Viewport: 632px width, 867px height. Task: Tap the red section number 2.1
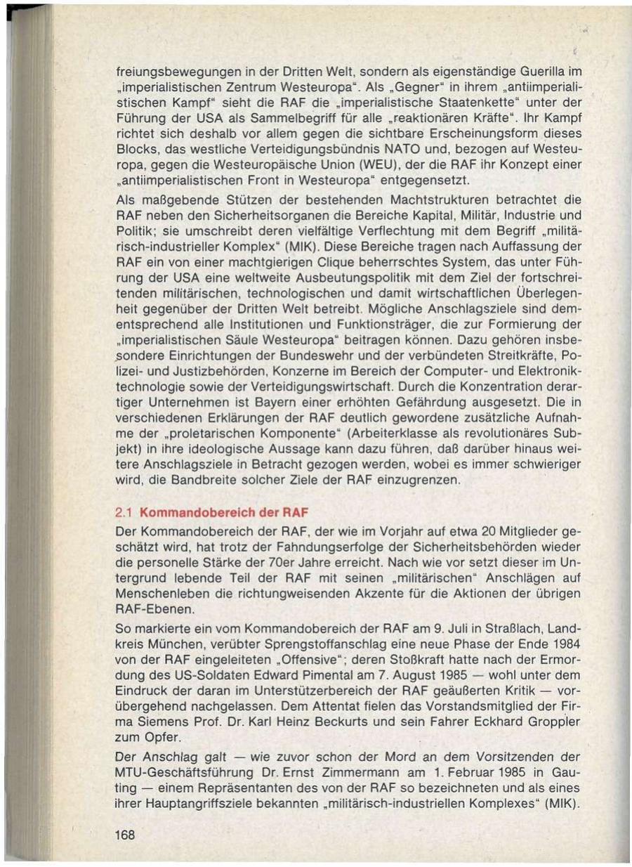(124, 511)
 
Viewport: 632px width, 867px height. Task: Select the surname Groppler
(553, 723)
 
